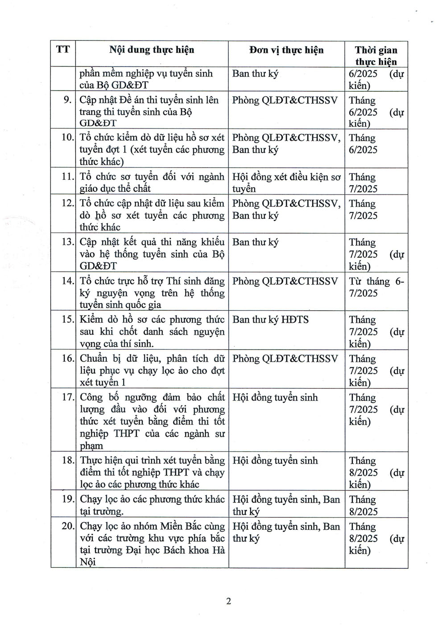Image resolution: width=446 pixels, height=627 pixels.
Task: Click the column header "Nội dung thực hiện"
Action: coord(152,50)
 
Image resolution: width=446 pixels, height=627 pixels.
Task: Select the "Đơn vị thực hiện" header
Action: coord(286,50)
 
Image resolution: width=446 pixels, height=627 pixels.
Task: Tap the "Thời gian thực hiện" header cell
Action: coord(376,56)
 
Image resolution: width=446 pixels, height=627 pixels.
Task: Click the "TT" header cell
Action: coord(63,49)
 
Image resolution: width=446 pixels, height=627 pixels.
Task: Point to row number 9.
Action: coord(68,99)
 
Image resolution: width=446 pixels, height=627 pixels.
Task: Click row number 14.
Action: coord(67,281)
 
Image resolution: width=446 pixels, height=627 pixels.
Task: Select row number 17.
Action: coord(67,397)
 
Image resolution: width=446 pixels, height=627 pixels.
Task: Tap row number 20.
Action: coord(67,526)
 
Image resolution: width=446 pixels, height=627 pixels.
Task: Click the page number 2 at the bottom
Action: coord(228,601)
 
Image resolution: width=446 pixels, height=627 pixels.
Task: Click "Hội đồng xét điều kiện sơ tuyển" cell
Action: coord(286,182)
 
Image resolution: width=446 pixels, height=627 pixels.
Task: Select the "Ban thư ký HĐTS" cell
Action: coord(270,320)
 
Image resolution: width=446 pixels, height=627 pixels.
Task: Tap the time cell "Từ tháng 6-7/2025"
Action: coord(376,287)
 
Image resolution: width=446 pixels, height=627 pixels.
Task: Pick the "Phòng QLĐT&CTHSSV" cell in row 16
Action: coord(285,359)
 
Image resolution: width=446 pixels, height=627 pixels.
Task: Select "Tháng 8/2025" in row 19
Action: coord(363,505)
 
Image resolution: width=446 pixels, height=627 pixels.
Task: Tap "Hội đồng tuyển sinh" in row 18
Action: coord(275,461)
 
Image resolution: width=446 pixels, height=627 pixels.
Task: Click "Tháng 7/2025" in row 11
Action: coord(363,183)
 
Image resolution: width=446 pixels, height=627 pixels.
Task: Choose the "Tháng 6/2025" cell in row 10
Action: coord(363,144)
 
